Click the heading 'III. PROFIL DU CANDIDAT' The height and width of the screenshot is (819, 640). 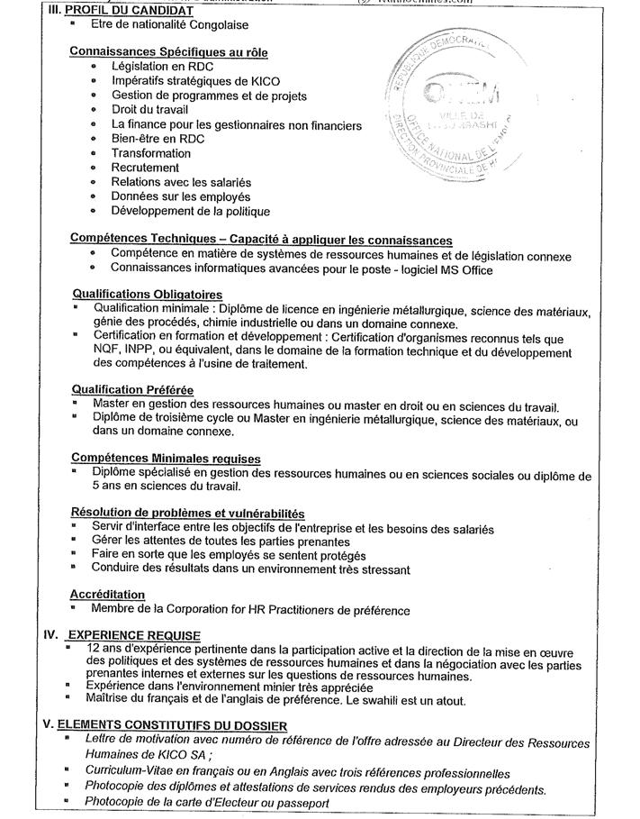[x=118, y=10]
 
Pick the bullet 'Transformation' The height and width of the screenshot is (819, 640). [x=151, y=153]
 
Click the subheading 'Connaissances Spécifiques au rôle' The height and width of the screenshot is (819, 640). [x=168, y=52]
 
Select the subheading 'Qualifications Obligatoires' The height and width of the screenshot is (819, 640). [x=147, y=295]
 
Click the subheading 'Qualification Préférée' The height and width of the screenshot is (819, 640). [x=131, y=390]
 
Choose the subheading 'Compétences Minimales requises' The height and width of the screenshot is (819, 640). [x=165, y=459]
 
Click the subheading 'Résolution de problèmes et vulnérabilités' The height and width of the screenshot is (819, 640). [x=187, y=513]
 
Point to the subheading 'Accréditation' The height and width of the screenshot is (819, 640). [x=107, y=595]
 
